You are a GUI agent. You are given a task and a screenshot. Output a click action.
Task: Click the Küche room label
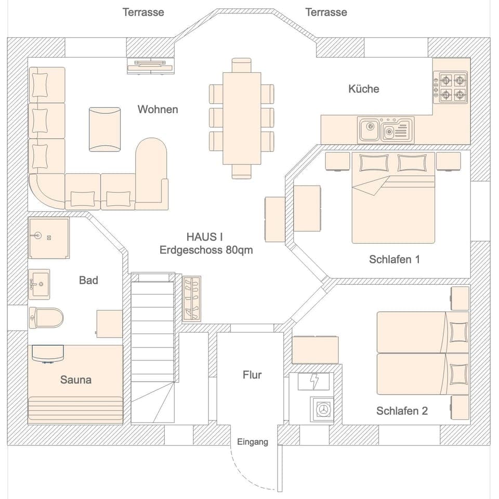click(363, 89)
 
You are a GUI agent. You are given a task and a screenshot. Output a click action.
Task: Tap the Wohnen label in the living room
click(157, 109)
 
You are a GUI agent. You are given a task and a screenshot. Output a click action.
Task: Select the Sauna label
click(76, 380)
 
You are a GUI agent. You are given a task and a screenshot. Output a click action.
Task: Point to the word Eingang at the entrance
click(253, 442)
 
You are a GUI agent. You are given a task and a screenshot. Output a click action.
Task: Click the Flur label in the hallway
click(252, 375)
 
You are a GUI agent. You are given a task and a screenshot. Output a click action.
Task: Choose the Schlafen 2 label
click(402, 411)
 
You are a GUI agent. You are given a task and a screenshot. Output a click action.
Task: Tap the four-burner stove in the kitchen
click(452, 87)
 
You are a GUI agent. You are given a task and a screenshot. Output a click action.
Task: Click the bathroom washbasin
click(39, 284)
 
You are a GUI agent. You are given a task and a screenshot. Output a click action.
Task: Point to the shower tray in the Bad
click(49, 238)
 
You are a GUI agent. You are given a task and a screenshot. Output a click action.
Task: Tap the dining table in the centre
click(242, 119)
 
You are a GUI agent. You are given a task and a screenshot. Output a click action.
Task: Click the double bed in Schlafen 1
click(393, 198)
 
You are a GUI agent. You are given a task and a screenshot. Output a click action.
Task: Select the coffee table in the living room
click(104, 129)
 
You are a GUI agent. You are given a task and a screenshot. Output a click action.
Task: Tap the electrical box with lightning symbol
click(314, 382)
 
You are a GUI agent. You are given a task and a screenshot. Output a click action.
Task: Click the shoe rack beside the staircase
click(191, 298)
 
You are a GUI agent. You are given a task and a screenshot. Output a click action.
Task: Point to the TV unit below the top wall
click(150, 65)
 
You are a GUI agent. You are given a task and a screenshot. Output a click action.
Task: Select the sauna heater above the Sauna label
click(47, 354)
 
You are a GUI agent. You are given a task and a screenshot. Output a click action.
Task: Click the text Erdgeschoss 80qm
click(206, 250)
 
